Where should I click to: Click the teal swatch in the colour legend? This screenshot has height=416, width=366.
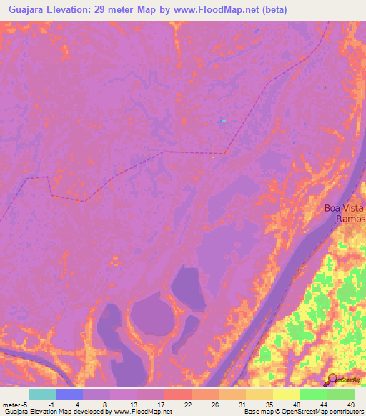pyautogui.click(x=41, y=394)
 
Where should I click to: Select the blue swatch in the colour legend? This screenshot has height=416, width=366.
pyautogui.click(x=69, y=394)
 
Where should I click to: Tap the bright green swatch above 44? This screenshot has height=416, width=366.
pyautogui.click(x=314, y=394)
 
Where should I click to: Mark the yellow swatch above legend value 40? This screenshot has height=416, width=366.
pyautogui.click(x=287, y=394)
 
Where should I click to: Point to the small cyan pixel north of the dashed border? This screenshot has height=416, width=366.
pyautogui.click(x=223, y=121)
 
